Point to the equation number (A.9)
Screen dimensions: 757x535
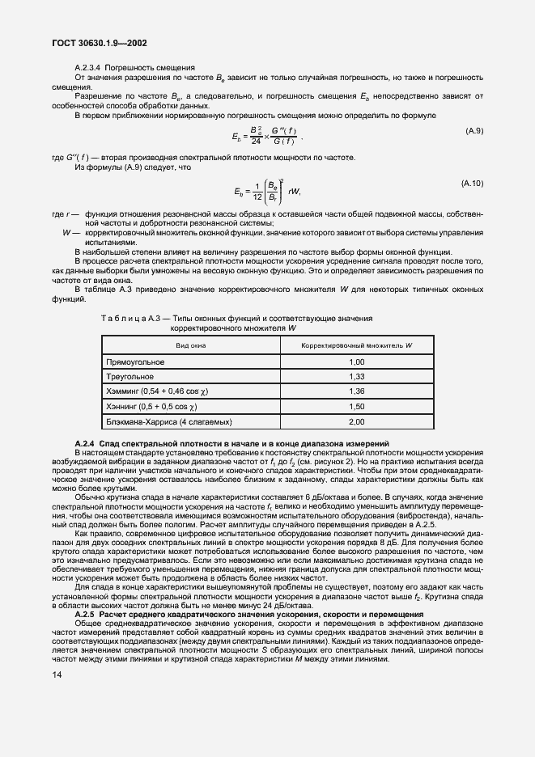(474, 130)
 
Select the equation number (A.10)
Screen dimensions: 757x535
(473, 184)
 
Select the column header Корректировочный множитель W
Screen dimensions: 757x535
(356, 345)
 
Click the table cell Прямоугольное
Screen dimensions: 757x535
(136, 362)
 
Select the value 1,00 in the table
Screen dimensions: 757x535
(356, 362)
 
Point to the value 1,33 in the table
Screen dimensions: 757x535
(356, 376)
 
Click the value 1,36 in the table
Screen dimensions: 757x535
(356, 391)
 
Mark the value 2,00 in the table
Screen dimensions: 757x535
(356, 422)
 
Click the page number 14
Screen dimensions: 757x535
(60, 673)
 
